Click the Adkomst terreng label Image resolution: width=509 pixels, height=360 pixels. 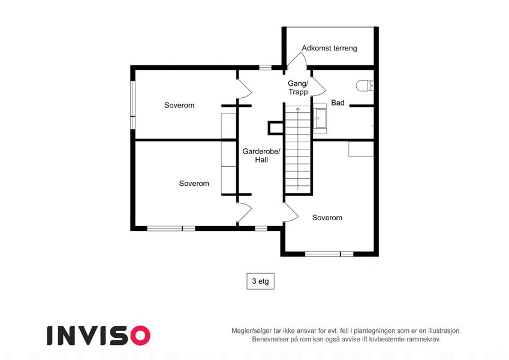329,48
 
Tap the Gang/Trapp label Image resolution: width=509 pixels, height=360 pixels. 298,88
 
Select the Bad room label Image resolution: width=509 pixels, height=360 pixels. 338,103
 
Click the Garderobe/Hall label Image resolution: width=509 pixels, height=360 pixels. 261,155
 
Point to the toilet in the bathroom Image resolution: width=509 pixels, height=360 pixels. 365,85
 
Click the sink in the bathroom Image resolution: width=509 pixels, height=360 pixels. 320,119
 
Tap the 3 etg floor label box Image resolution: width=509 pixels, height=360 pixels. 260,281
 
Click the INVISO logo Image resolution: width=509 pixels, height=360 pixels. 99,335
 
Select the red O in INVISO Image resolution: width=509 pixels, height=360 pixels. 140,335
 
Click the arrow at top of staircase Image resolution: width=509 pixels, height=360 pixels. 298,109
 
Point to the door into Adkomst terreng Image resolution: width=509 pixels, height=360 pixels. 297,61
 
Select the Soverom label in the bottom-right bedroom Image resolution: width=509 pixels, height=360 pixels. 327,218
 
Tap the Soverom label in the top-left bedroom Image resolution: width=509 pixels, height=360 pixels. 179,105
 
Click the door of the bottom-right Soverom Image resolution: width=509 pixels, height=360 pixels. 291,212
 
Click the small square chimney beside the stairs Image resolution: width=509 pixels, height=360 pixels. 275,128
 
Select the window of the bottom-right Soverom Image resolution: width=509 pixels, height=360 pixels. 329,254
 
